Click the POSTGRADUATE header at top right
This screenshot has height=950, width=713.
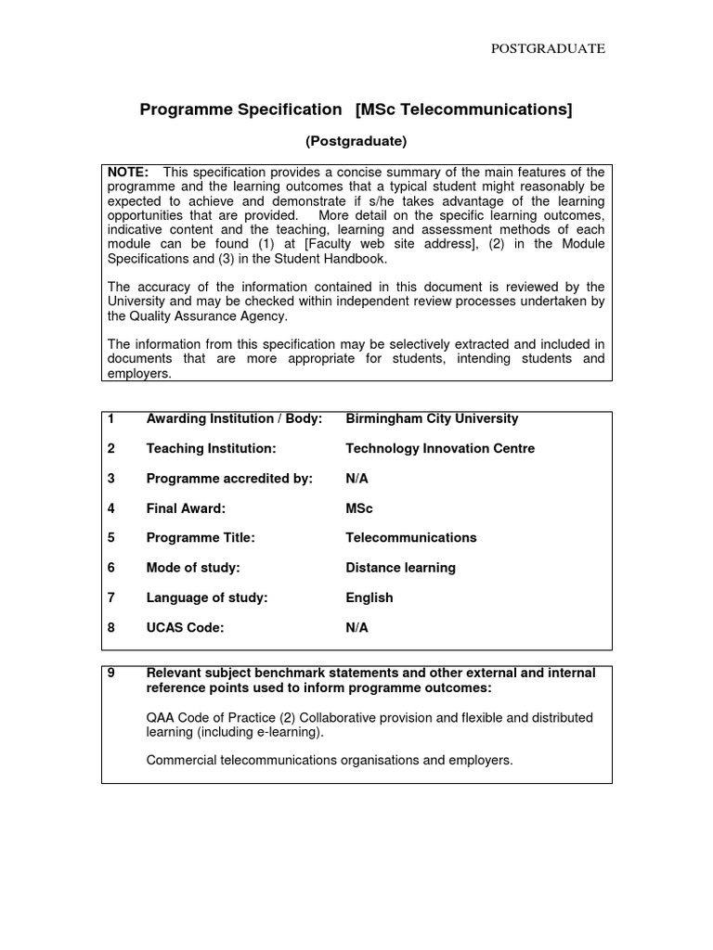pyautogui.click(x=548, y=49)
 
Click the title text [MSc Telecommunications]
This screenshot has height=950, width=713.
pyautogui.click(x=463, y=110)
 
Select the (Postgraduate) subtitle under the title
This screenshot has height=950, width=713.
pyautogui.click(x=356, y=142)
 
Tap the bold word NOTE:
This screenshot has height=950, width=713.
pyautogui.click(x=128, y=173)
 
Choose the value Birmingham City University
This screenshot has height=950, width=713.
pyautogui.click(x=432, y=419)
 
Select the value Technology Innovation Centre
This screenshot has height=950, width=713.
pyautogui.click(x=440, y=449)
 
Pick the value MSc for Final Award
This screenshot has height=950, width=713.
pyautogui.click(x=359, y=508)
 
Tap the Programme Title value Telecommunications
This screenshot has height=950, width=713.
pyautogui.click(x=410, y=538)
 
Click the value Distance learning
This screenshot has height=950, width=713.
pyautogui.click(x=400, y=568)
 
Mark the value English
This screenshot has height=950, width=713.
pyautogui.click(x=369, y=597)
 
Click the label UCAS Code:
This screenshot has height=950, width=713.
pyautogui.click(x=185, y=628)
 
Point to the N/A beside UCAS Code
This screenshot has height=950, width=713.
pyautogui.click(x=356, y=628)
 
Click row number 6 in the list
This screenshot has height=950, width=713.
pyautogui.click(x=111, y=568)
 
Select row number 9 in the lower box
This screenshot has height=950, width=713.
pyautogui.click(x=111, y=673)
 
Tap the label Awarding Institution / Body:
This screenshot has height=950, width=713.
pyautogui.click(x=234, y=419)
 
